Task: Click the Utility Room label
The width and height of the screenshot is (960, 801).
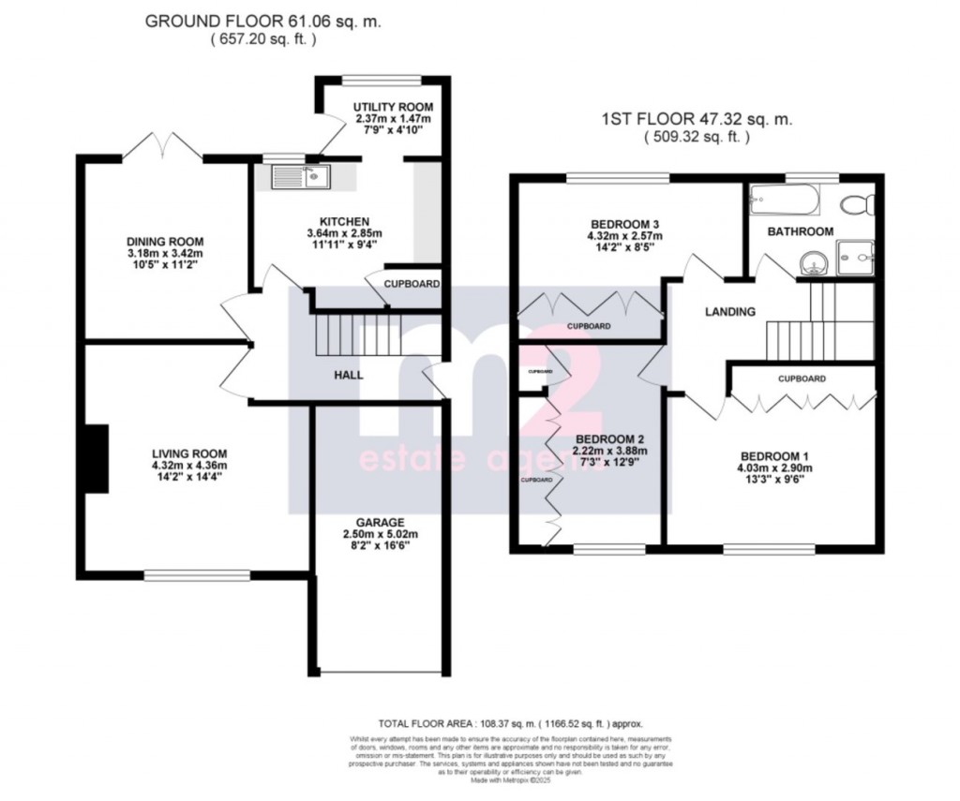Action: click(x=380, y=107)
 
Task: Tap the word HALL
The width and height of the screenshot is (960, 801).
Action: click(x=350, y=375)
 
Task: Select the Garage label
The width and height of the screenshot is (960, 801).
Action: click(x=380, y=522)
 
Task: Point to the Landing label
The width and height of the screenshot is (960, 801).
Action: click(x=730, y=312)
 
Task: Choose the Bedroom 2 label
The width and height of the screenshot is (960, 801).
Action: click(x=607, y=438)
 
